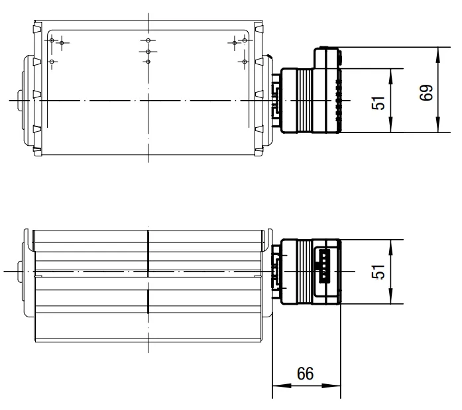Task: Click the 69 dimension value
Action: point(426,93)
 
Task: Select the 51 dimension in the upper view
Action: point(378,103)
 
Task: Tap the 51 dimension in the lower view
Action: point(378,272)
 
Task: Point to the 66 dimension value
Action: point(306,374)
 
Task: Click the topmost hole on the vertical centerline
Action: point(148,40)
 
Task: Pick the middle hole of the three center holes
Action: point(148,52)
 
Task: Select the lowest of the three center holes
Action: point(148,62)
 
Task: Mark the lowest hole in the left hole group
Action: point(52,62)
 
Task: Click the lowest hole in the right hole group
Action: point(245,62)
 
